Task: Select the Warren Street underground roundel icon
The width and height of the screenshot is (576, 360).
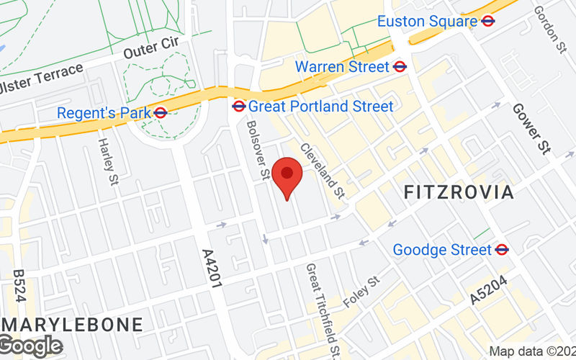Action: pyautogui.click(x=401, y=67)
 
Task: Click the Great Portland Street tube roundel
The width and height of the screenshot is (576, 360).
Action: pyautogui.click(x=239, y=107)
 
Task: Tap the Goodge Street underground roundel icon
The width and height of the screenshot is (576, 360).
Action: pyautogui.click(x=503, y=250)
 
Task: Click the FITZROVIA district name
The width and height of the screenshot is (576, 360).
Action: pyautogui.click(x=459, y=192)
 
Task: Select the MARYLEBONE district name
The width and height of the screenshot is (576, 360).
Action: pyautogui.click(x=72, y=324)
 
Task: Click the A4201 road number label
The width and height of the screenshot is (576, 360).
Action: pyautogui.click(x=210, y=269)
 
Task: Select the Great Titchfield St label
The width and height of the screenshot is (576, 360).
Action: pyautogui.click(x=323, y=310)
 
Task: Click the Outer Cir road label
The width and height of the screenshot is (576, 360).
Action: pyautogui.click(x=150, y=49)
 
